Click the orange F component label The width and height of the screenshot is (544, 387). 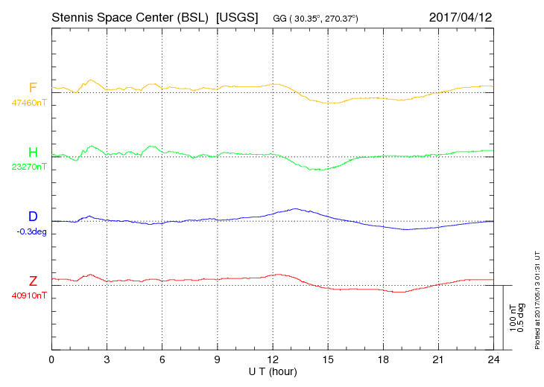tap(33, 88)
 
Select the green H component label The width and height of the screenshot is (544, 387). tap(33, 153)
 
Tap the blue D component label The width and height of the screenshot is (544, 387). tap(33, 217)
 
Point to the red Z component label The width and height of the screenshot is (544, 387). tap(33, 281)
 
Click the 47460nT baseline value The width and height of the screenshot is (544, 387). tap(29, 103)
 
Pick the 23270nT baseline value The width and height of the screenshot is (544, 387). tap(29, 167)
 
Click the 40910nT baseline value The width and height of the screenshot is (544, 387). tap(29, 295)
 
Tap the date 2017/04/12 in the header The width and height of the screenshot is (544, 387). tap(461, 16)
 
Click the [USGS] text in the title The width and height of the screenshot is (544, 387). tap(237, 16)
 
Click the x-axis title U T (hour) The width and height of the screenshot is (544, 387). tap(273, 371)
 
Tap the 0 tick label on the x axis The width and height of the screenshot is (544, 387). tap(52, 359)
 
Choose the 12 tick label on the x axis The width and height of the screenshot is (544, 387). tap(273, 359)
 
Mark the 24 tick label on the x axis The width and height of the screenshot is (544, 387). tap(493, 359)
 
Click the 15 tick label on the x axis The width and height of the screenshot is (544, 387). tap(328, 359)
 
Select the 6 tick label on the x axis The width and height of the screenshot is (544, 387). tap(162, 359)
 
